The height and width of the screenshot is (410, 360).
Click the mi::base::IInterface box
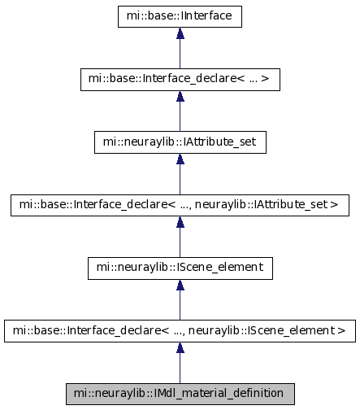click(x=180, y=16)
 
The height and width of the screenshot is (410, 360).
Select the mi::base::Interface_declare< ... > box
click(x=180, y=80)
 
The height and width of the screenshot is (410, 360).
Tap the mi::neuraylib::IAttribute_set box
click(x=180, y=142)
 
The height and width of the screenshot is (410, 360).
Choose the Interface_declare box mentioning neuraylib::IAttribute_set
click(x=180, y=205)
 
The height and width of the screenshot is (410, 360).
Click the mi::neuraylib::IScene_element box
click(x=180, y=268)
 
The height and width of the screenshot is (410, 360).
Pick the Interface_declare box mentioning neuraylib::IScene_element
click(x=180, y=331)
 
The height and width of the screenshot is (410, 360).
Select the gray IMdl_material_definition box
click(x=180, y=394)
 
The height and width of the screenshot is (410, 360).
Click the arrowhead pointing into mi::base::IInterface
click(x=180, y=33)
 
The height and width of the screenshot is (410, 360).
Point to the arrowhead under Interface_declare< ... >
click(x=180, y=96)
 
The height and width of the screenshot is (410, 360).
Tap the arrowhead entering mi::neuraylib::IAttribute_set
click(x=180, y=159)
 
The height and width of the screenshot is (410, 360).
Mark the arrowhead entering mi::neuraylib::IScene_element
click(x=180, y=285)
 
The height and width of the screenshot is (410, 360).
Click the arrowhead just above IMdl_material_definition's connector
click(x=180, y=347)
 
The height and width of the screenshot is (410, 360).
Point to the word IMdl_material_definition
click(x=219, y=394)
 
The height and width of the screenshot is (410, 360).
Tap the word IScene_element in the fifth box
click(x=219, y=268)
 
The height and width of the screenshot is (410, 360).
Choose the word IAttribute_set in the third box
click(x=219, y=142)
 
